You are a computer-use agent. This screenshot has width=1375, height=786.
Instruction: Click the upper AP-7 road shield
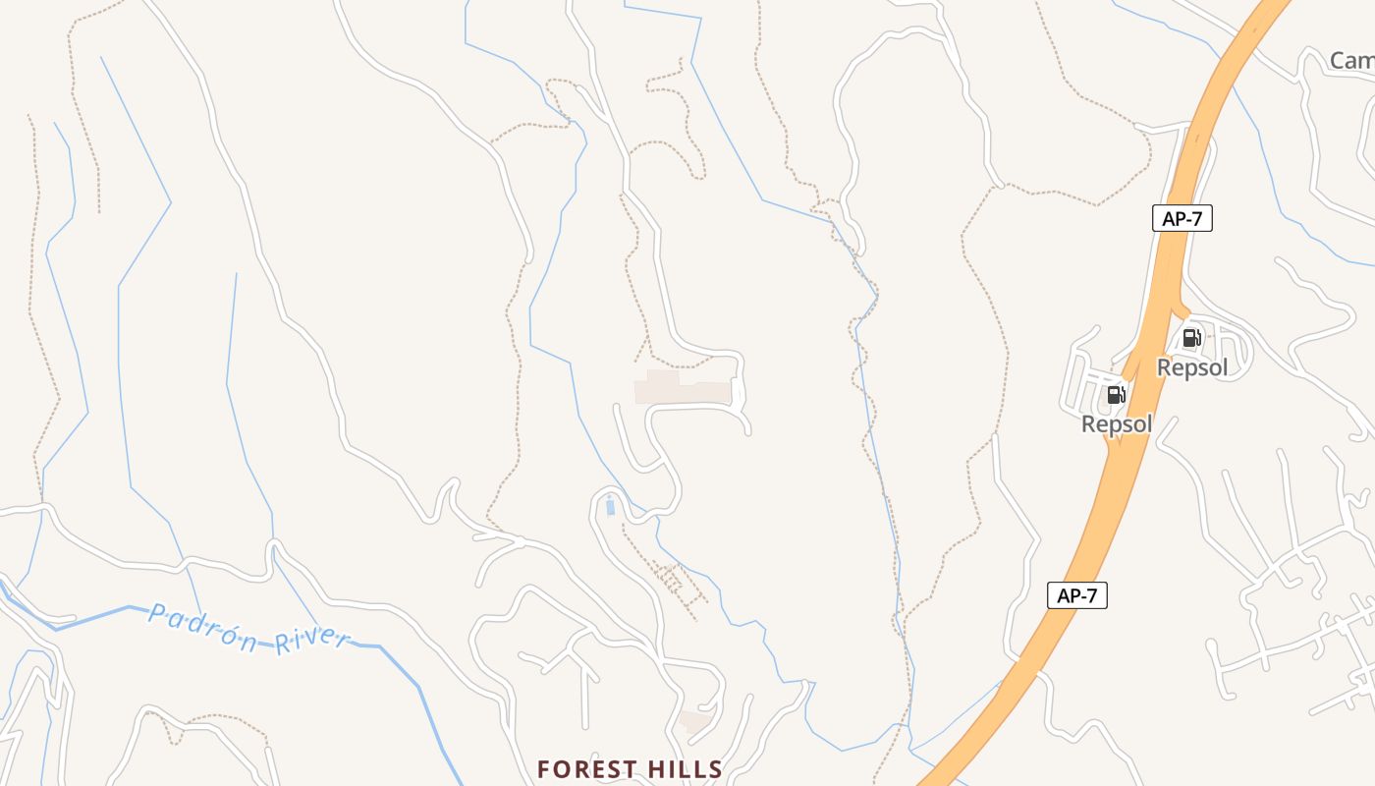pyautogui.click(x=1182, y=219)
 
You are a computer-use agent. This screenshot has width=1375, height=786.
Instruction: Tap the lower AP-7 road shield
pyautogui.click(x=1076, y=595)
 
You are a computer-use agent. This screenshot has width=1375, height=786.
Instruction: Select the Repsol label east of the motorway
pyautogui.click(x=1192, y=367)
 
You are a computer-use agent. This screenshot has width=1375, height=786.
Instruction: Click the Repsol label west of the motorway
pyautogui.click(x=1117, y=424)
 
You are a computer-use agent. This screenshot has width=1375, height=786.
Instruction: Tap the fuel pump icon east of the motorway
pyautogui.click(x=1191, y=339)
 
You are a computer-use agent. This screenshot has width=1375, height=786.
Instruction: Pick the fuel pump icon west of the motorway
pyautogui.click(x=1116, y=395)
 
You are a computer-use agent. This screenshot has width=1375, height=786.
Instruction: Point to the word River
pyautogui.click(x=311, y=642)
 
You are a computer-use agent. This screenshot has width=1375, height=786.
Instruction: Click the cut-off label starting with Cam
pyautogui.click(x=1351, y=61)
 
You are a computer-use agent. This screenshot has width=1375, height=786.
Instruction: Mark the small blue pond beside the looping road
pyautogui.click(x=610, y=507)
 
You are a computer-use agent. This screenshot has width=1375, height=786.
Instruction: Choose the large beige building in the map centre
pyautogui.click(x=683, y=388)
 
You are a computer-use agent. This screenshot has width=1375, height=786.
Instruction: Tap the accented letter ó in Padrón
pyautogui.click(x=232, y=635)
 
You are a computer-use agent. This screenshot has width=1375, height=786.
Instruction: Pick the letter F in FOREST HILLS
pyautogui.click(x=543, y=769)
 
